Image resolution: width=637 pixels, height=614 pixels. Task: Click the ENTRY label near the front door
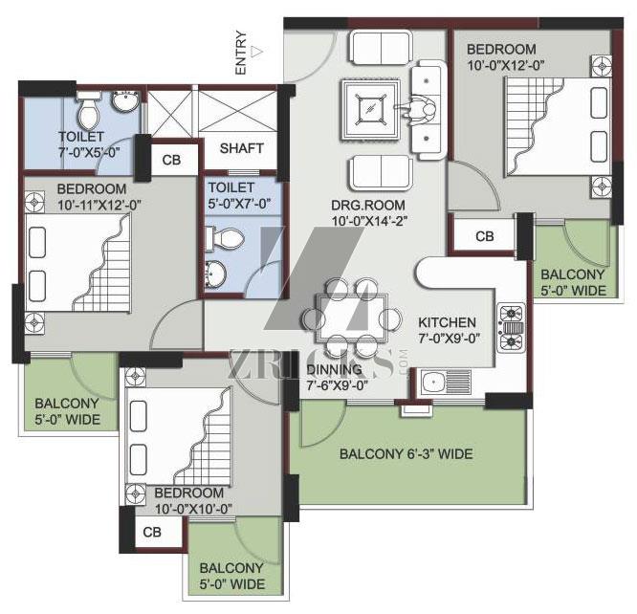240,53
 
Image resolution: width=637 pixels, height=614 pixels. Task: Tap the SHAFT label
242,148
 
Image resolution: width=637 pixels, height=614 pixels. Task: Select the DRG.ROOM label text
368,205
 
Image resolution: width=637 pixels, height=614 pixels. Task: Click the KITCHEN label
447,322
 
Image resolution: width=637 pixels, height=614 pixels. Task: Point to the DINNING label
334,369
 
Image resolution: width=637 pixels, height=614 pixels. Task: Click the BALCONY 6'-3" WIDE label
406,454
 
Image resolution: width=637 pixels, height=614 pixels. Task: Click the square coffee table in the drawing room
370,109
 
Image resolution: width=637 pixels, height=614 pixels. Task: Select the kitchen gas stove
511,327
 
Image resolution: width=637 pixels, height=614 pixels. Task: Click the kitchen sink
446,383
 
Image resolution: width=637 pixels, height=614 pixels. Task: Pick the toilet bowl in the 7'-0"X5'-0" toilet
89,111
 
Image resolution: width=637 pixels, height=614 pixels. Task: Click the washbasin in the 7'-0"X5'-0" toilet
125,101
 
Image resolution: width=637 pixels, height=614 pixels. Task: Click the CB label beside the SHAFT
171,160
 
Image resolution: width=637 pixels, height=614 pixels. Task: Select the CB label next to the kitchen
484,236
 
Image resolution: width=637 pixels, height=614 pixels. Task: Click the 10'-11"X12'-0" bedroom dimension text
99,206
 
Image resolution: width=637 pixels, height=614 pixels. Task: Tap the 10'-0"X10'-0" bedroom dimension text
193,509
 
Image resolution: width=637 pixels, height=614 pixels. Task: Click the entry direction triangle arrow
256,52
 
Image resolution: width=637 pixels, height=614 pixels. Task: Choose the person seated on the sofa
418,110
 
